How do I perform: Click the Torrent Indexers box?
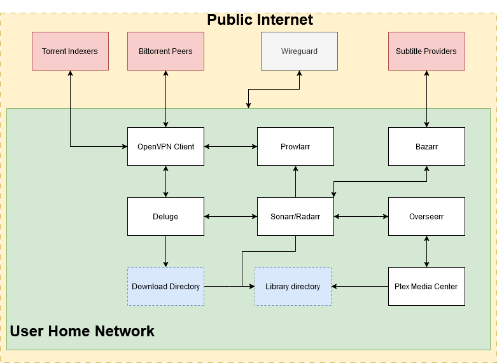click(70, 51)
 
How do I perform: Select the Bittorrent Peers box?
click(165, 51)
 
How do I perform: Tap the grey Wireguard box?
click(299, 51)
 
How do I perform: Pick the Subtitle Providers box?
click(426, 51)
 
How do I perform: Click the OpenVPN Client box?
click(165, 146)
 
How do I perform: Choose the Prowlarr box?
click(295, 146)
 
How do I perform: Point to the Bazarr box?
click(426, 146)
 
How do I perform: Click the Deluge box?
click(165, 216)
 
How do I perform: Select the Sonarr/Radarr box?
click(295, 216)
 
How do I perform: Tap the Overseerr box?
click(426, 216)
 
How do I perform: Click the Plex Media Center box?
click(426, 286)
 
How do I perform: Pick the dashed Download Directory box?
click(165, 286)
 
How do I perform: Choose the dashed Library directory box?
click(293, 286)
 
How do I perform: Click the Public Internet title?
click(260, 20)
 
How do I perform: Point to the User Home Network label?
click(82, 331)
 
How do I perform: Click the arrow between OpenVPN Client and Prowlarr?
click(230, 146)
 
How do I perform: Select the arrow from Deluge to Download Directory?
click(165, 251)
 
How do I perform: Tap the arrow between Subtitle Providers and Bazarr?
click(426, 99)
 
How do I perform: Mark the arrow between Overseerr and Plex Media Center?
click(426, 251)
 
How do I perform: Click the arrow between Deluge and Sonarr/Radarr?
click(230, 216)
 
